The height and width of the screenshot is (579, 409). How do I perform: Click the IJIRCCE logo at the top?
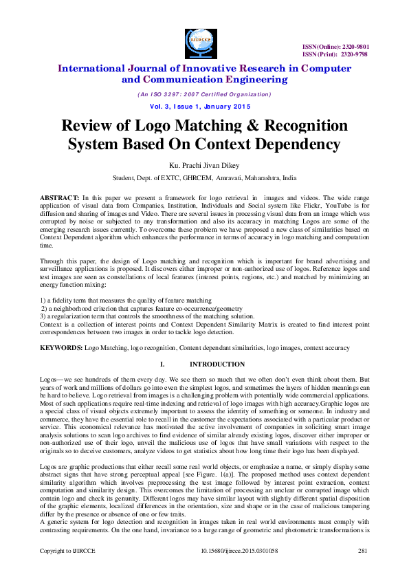pos(204,41)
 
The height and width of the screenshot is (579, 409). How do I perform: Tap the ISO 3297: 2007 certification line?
pos(204,94)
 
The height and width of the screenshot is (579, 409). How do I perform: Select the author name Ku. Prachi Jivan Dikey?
pos(204,166)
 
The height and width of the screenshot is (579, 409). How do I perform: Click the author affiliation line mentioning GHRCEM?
pos(204,177)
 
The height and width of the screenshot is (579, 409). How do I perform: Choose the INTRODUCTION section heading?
pos(217,364)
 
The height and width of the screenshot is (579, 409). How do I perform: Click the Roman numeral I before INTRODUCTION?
pos(162,364)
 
